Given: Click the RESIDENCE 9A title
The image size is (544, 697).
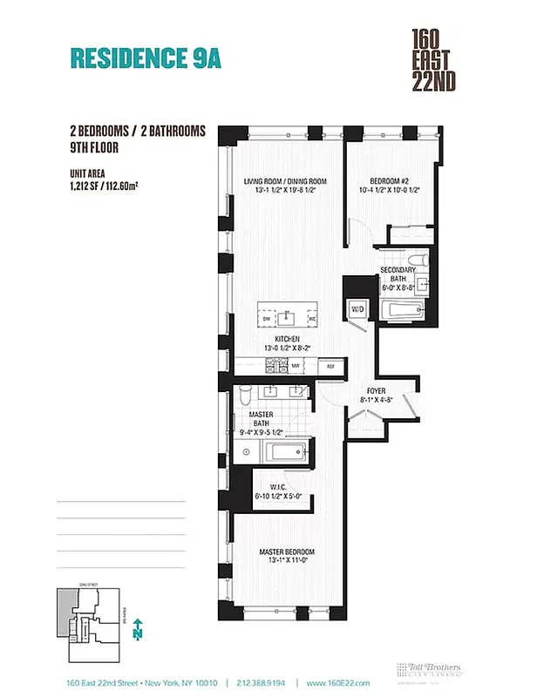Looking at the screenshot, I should pos(145,58).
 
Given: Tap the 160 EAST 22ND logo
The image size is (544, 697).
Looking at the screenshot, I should pos(436,60).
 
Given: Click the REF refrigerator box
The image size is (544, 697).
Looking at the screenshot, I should pos(331,367).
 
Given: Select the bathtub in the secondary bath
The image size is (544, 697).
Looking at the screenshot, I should pos(401,309).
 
